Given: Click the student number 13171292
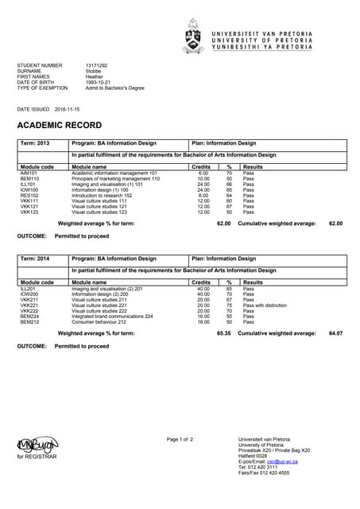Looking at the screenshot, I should pos(96,64).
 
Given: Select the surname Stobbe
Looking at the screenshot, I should pos(94,71).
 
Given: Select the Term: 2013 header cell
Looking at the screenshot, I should pos(35,143).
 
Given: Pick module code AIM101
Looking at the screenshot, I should pos(29,173).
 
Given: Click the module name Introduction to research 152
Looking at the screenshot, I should pos(104,196).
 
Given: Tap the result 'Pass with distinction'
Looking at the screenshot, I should pos(265,305).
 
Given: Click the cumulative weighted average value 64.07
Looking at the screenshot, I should pos(335,333).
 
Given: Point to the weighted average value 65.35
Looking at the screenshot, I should pos(223,333).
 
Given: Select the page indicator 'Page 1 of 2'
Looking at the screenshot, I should pos(180,439).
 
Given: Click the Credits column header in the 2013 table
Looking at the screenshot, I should pos(202,167).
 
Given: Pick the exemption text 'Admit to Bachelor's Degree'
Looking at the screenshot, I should pos(116,87).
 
